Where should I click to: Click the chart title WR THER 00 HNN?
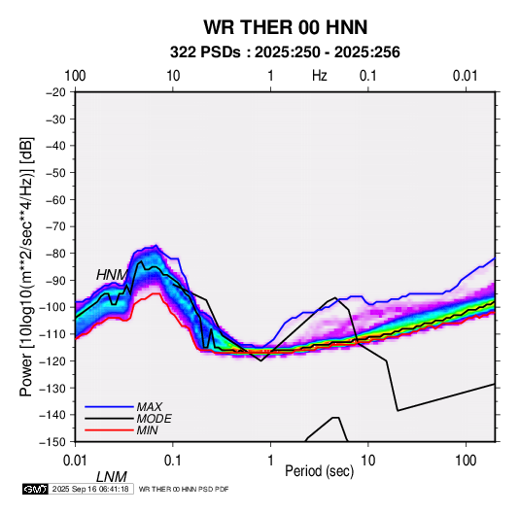point(285,27)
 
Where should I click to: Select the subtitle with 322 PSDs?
point(285,52)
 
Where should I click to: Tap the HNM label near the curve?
point(112,275)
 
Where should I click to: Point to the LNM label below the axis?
point(112,477)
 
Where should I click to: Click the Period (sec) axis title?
point(320,471)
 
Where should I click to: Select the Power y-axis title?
point(26,266)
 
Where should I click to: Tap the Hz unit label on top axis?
point(320,76)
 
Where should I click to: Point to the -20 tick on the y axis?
point(55,92)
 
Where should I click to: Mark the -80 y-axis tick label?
point(55,254)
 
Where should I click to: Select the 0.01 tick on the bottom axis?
point(75,461)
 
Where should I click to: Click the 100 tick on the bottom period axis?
point(466,461)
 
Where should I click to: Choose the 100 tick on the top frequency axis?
point(75,76)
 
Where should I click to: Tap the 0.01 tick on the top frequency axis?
point(466,76)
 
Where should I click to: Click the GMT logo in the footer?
point(35,489)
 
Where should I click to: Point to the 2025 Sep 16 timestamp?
point(90,489)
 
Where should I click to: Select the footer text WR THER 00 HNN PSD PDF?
point(184,489)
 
